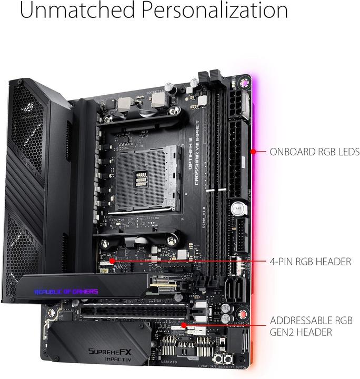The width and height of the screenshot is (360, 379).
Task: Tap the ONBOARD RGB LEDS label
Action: pos(314,152)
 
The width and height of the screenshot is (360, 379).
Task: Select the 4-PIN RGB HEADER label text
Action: pos(310,261)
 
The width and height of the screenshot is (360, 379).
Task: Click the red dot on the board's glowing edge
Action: pos(253,152)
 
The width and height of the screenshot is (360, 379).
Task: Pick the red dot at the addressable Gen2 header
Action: pos(183,325)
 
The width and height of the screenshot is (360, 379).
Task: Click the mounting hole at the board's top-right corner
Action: pos(244,83)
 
